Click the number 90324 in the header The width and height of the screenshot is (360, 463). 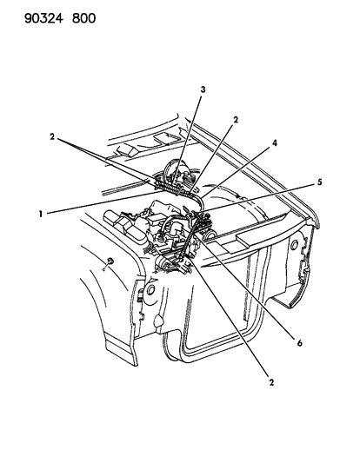43,18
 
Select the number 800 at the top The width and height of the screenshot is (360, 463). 84,18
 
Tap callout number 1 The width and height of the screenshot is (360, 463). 41,214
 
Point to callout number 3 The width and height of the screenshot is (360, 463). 203,89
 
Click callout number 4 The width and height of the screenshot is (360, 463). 275,143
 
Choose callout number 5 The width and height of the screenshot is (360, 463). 319,182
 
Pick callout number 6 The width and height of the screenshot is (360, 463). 299,343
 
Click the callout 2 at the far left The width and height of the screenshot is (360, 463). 52,136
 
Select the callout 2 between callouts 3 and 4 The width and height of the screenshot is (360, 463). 236,120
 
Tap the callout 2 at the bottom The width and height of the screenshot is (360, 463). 271,382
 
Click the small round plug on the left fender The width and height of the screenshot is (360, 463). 110,261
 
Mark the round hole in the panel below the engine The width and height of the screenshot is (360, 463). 150,289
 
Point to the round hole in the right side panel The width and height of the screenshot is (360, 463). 294,244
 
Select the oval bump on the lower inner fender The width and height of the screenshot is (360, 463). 158,321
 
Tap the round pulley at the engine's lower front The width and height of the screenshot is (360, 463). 162,262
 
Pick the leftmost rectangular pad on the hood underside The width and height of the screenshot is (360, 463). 127,150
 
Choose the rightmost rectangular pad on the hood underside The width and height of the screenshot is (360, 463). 164,138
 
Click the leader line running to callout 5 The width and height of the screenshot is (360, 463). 257,197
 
